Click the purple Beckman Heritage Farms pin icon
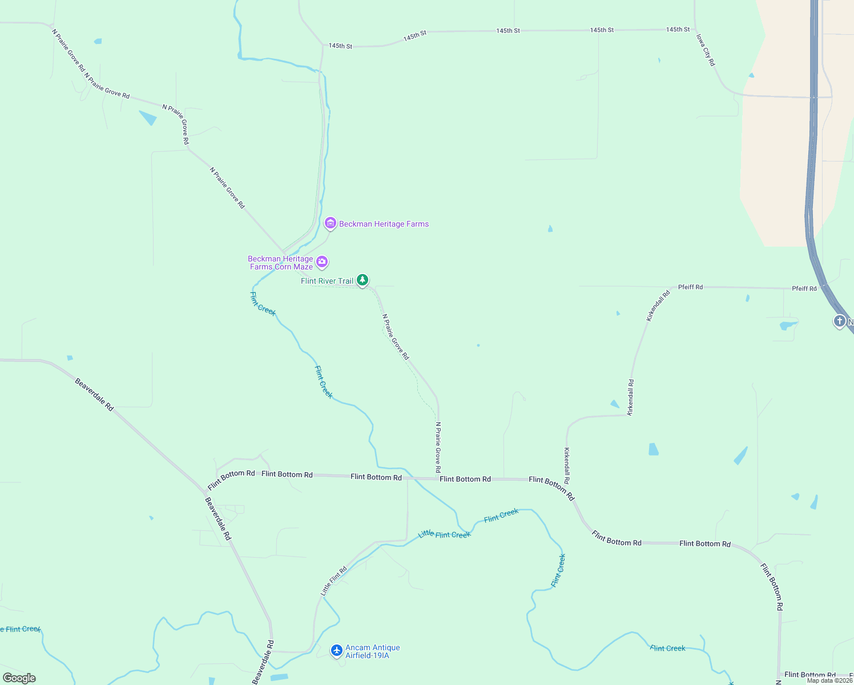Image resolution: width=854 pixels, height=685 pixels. coord(330,223)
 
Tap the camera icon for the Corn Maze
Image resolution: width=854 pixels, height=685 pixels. coord(322,262)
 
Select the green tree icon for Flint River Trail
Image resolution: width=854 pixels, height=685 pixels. coord(362,280)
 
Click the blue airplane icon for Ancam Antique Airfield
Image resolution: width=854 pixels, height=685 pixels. coord(337,650)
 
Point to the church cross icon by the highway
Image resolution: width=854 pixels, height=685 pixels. coord(839,321)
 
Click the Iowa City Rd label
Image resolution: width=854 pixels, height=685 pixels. coord(705,50)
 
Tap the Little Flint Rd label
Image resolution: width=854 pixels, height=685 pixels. coord(334,581)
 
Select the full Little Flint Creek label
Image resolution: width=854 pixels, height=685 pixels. coord(444,534)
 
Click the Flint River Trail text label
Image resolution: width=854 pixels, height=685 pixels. coord(327,281)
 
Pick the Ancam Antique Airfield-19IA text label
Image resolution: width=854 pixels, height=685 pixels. coord(372,651)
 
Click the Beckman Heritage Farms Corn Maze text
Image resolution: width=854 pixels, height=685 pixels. coord(281,263)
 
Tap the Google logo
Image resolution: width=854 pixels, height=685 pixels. coord(19,678)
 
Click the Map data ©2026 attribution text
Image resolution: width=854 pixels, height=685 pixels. coord(829,680)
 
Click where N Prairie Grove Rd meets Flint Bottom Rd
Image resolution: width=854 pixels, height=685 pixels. coord(438,478)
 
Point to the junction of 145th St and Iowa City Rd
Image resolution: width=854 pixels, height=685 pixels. coord(694,29)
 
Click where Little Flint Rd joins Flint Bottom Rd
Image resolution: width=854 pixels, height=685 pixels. coord(407,478)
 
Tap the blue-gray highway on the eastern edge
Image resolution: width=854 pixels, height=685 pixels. coord(810,171)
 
